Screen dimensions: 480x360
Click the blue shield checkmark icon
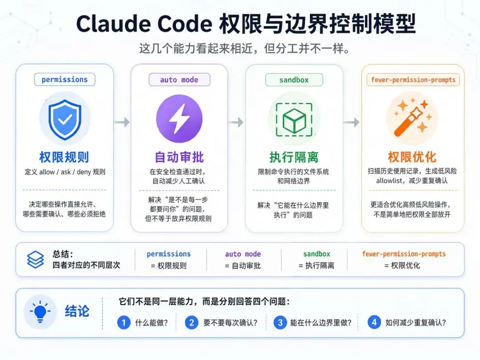[x=65, y=120]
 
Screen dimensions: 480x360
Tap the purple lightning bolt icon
[x=179, y=119]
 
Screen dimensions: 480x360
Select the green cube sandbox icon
[x=294, y=120]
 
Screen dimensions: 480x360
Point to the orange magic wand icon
[x=412, y=117]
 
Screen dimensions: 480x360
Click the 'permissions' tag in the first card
[x=64, y=80]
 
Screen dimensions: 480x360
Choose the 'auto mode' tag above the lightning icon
[x=179, y=80]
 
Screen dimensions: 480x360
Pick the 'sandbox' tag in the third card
[x=294, y=80]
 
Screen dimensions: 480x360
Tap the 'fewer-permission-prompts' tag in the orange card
[x=413, y=80]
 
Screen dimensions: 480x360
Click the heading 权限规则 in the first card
[x=64, y=157]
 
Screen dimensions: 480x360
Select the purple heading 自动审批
[x=179, y=157]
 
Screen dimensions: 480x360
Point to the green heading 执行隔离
[x=294, y=157]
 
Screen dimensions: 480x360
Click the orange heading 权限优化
[x=412, y=157]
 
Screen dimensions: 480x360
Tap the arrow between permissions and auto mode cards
[x=122, y=122]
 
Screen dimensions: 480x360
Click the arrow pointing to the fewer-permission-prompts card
[x=351, y=122]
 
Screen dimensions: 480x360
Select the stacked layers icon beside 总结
[x=36, y=259]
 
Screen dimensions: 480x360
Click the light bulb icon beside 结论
[x=40, y=312]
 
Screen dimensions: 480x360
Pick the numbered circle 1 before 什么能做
[x=124, y=322]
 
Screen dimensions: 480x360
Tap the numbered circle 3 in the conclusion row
[x=280, y=322]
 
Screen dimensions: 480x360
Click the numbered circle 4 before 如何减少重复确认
[x=374, y=322]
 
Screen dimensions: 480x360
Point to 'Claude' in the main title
[x=113, y=24]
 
